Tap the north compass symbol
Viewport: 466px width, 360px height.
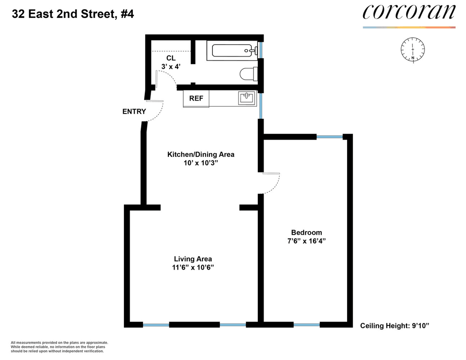coord(412,50)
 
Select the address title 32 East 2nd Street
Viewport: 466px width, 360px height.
coord(64,14)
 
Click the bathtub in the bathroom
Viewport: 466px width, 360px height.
coord(233,50)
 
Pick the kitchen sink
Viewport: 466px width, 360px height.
coord(247,98)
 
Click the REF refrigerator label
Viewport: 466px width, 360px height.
coord(196,98)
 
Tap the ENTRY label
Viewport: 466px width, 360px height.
coord(134,111)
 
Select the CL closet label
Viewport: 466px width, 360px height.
coord(171,58)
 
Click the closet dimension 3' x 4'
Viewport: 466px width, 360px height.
coord(171,67)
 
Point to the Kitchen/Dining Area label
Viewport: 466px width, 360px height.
coord(201,155)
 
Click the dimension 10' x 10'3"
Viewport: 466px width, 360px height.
coord(201,163)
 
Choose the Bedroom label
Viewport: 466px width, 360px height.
coord(306,232)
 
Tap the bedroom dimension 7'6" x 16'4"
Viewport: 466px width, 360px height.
coord(306,241)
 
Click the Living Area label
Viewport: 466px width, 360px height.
coord(193,259)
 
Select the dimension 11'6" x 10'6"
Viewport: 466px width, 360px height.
coord(193,268)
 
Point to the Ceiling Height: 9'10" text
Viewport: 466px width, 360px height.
coord(395,326)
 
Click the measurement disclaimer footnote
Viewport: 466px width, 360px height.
coord(59,347)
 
